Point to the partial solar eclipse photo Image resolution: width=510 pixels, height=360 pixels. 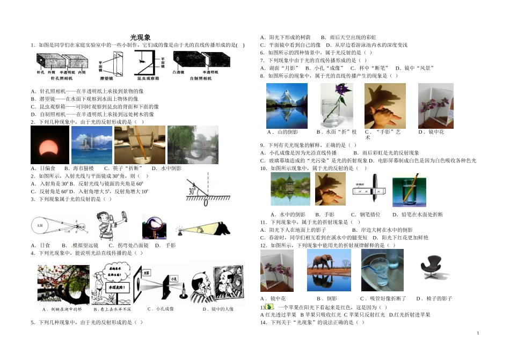point(50,145)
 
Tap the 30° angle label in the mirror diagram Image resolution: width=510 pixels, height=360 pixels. point(192,190)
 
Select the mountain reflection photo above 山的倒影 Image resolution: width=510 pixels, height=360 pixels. point(287,106)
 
